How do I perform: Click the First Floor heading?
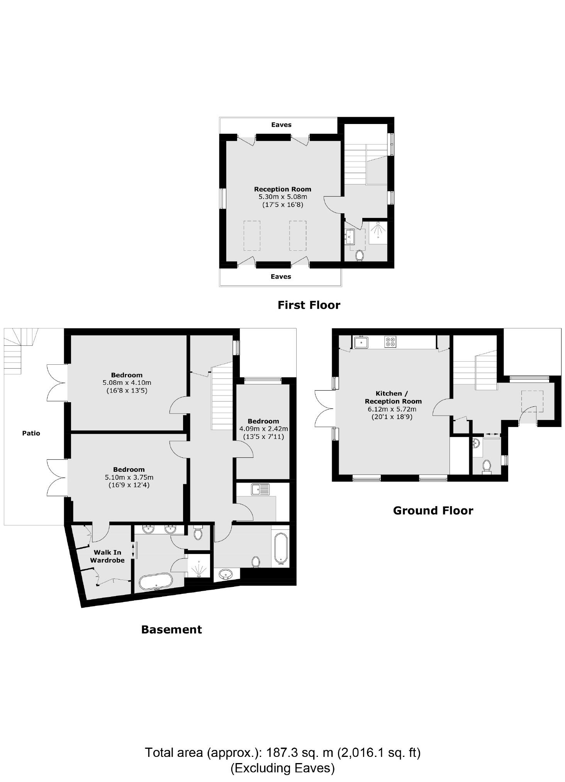tap(309, 305)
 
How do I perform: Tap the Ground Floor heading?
tap(433, 511)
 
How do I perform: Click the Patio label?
tap(31, 433)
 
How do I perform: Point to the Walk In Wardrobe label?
tap(107, 556)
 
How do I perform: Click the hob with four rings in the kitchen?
tap(390, 342)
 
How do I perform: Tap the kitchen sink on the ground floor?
tap(361, 342)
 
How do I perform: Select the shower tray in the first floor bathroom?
tap(378, 233)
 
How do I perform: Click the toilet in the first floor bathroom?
tap(359, 255)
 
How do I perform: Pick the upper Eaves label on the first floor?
tap(281, 125)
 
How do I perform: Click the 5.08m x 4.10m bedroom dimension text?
tap(127, 383)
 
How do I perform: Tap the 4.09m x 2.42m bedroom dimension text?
tap(263, 429)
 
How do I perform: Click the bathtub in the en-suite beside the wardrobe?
tap(156, 581)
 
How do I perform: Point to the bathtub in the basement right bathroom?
tap(281, 548)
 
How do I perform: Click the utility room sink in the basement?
tap(260, 490)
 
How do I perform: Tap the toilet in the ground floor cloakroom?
tap(487, 466)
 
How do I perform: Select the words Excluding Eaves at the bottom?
tap(282, 768)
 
